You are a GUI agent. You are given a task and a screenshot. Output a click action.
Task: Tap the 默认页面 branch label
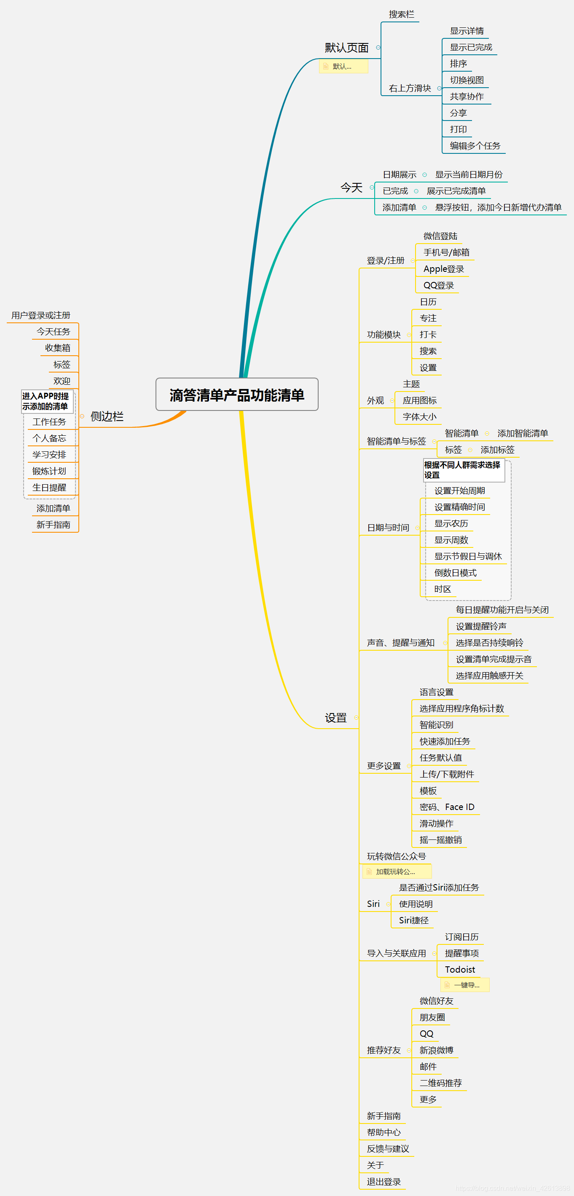[x=346, y=48]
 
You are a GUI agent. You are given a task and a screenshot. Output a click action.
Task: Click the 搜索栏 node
[x=401, y=14]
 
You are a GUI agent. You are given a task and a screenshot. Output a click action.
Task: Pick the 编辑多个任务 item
[x=475, y=146]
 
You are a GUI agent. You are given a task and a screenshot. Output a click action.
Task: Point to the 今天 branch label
[x=351, y=188]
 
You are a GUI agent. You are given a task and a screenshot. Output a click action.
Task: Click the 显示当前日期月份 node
[x=468, y=174]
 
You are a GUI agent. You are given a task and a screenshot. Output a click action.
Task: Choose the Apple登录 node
[x=443, y=269]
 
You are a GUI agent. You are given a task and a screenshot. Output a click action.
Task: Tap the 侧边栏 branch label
[x=107, y=416]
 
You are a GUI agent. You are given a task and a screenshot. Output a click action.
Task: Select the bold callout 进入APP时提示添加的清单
[x=46, y=401]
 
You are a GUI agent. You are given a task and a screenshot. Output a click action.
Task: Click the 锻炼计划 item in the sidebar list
[x=49, y=471]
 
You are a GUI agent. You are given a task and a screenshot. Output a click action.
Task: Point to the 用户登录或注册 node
[x=41, y=315]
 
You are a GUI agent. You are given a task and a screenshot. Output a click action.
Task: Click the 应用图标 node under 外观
[x=419, y=401]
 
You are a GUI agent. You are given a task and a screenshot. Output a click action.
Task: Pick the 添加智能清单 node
[x=523, y=433]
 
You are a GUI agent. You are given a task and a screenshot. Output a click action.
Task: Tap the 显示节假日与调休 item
[x=468, y=556]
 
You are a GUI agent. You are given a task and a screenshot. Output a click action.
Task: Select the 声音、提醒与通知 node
[x=400, y=643]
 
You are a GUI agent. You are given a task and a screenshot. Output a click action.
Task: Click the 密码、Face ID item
[x=447, y=807]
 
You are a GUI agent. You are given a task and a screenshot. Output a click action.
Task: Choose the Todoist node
[x=460, y=969]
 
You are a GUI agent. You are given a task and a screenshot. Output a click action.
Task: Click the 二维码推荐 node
[x=440, y=1083]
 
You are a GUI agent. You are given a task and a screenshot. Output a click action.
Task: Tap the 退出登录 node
[x=384, y=1182]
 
